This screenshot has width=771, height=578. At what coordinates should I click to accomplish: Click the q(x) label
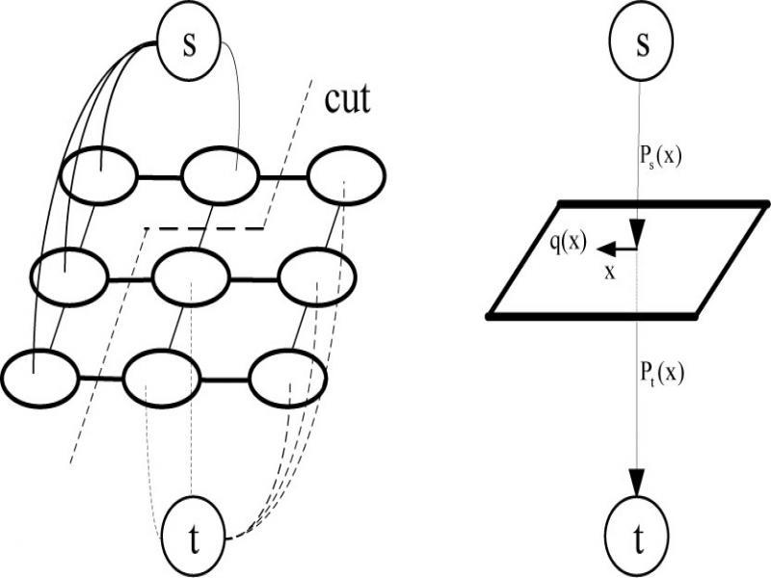point(568,243)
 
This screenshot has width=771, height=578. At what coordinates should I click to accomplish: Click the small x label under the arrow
point(609,273)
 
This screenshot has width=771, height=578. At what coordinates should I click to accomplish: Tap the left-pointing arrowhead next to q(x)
point(600,248)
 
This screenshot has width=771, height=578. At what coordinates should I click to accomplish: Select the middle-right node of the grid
point(317,276)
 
